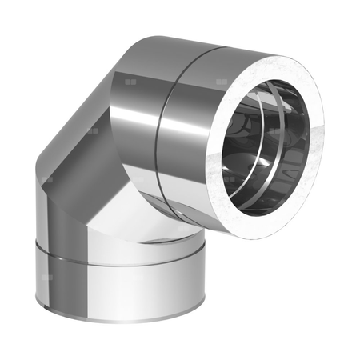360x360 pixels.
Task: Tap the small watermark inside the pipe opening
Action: pyautogui.click(x=276, y=130)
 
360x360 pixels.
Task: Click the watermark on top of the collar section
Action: pyautogui.click(x=219, y=81)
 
